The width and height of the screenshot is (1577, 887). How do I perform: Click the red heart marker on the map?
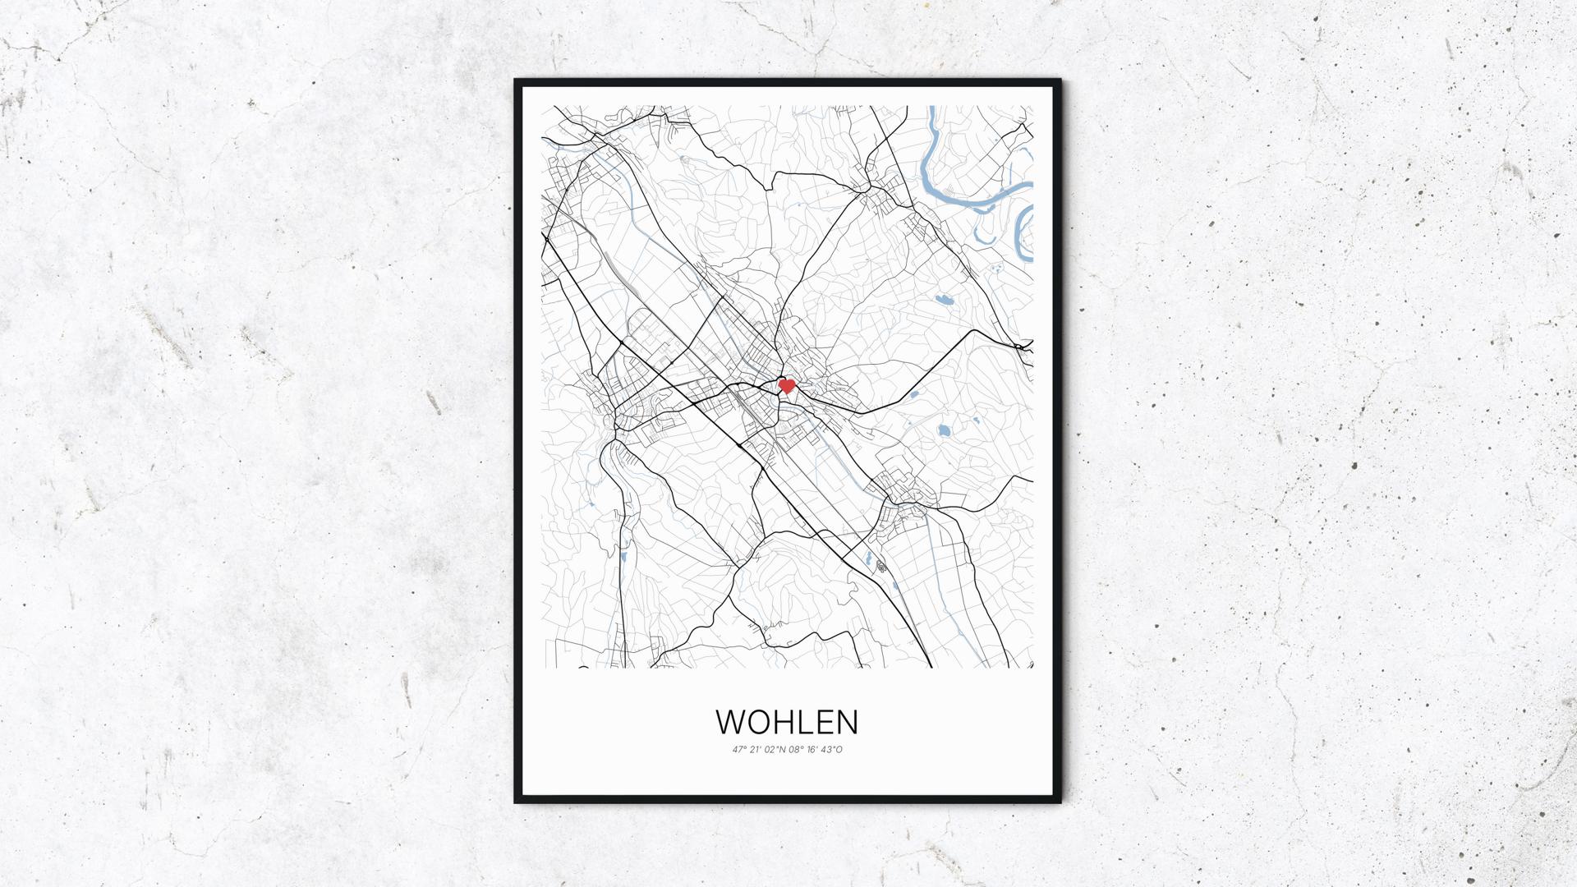[786, 384]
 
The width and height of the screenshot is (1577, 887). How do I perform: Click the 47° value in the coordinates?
[740, 749]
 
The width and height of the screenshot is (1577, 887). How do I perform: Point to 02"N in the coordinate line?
[775, 749]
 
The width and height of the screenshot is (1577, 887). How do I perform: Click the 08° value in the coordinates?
[796, 749]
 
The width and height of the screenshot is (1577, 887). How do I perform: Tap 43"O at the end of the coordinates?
[832, 749]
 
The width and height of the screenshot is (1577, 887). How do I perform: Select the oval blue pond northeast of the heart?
[942, 300]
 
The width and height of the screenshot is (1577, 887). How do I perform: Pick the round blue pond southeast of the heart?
[945, 429]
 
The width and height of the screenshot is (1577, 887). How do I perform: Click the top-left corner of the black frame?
[517, 81]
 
